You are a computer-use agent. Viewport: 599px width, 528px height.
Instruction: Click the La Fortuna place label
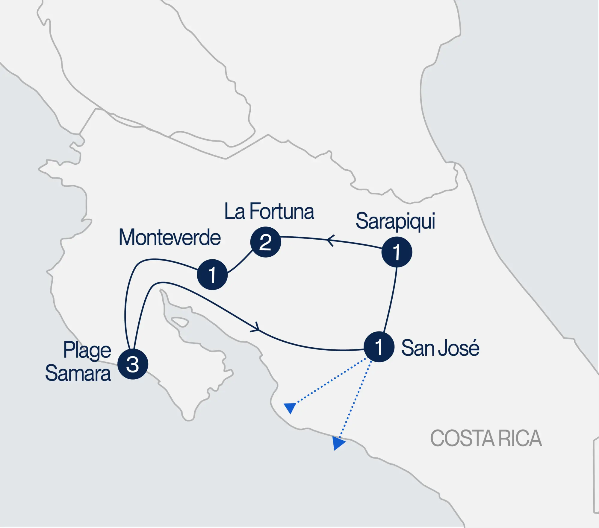pos(269,211)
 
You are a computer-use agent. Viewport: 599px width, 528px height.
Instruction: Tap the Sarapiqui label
pos(395,221)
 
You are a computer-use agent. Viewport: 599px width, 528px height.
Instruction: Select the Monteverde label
pos(170,238)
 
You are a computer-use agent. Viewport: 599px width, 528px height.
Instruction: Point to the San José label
pos(440,348)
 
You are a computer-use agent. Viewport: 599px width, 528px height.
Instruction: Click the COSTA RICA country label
pos(486,439)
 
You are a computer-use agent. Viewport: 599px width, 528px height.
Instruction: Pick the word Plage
pos(87,350)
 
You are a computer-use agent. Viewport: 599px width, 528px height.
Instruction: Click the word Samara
pos(78,373)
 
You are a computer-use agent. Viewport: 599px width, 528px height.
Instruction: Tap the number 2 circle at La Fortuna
pos(265,242)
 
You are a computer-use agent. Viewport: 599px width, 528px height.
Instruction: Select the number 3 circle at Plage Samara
pos(133,364)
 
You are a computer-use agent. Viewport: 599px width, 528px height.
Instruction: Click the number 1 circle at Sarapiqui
pos(397,252)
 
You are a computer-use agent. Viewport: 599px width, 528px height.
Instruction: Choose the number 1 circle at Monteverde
pos(212,274)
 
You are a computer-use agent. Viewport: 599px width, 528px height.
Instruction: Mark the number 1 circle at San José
pos(379,347)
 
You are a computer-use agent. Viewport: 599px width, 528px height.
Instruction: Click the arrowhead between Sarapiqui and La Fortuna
pos(330,240)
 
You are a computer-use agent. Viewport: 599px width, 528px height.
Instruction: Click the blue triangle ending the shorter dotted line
pos(290,407)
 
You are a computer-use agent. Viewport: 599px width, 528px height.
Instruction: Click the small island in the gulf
pos(180,322)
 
